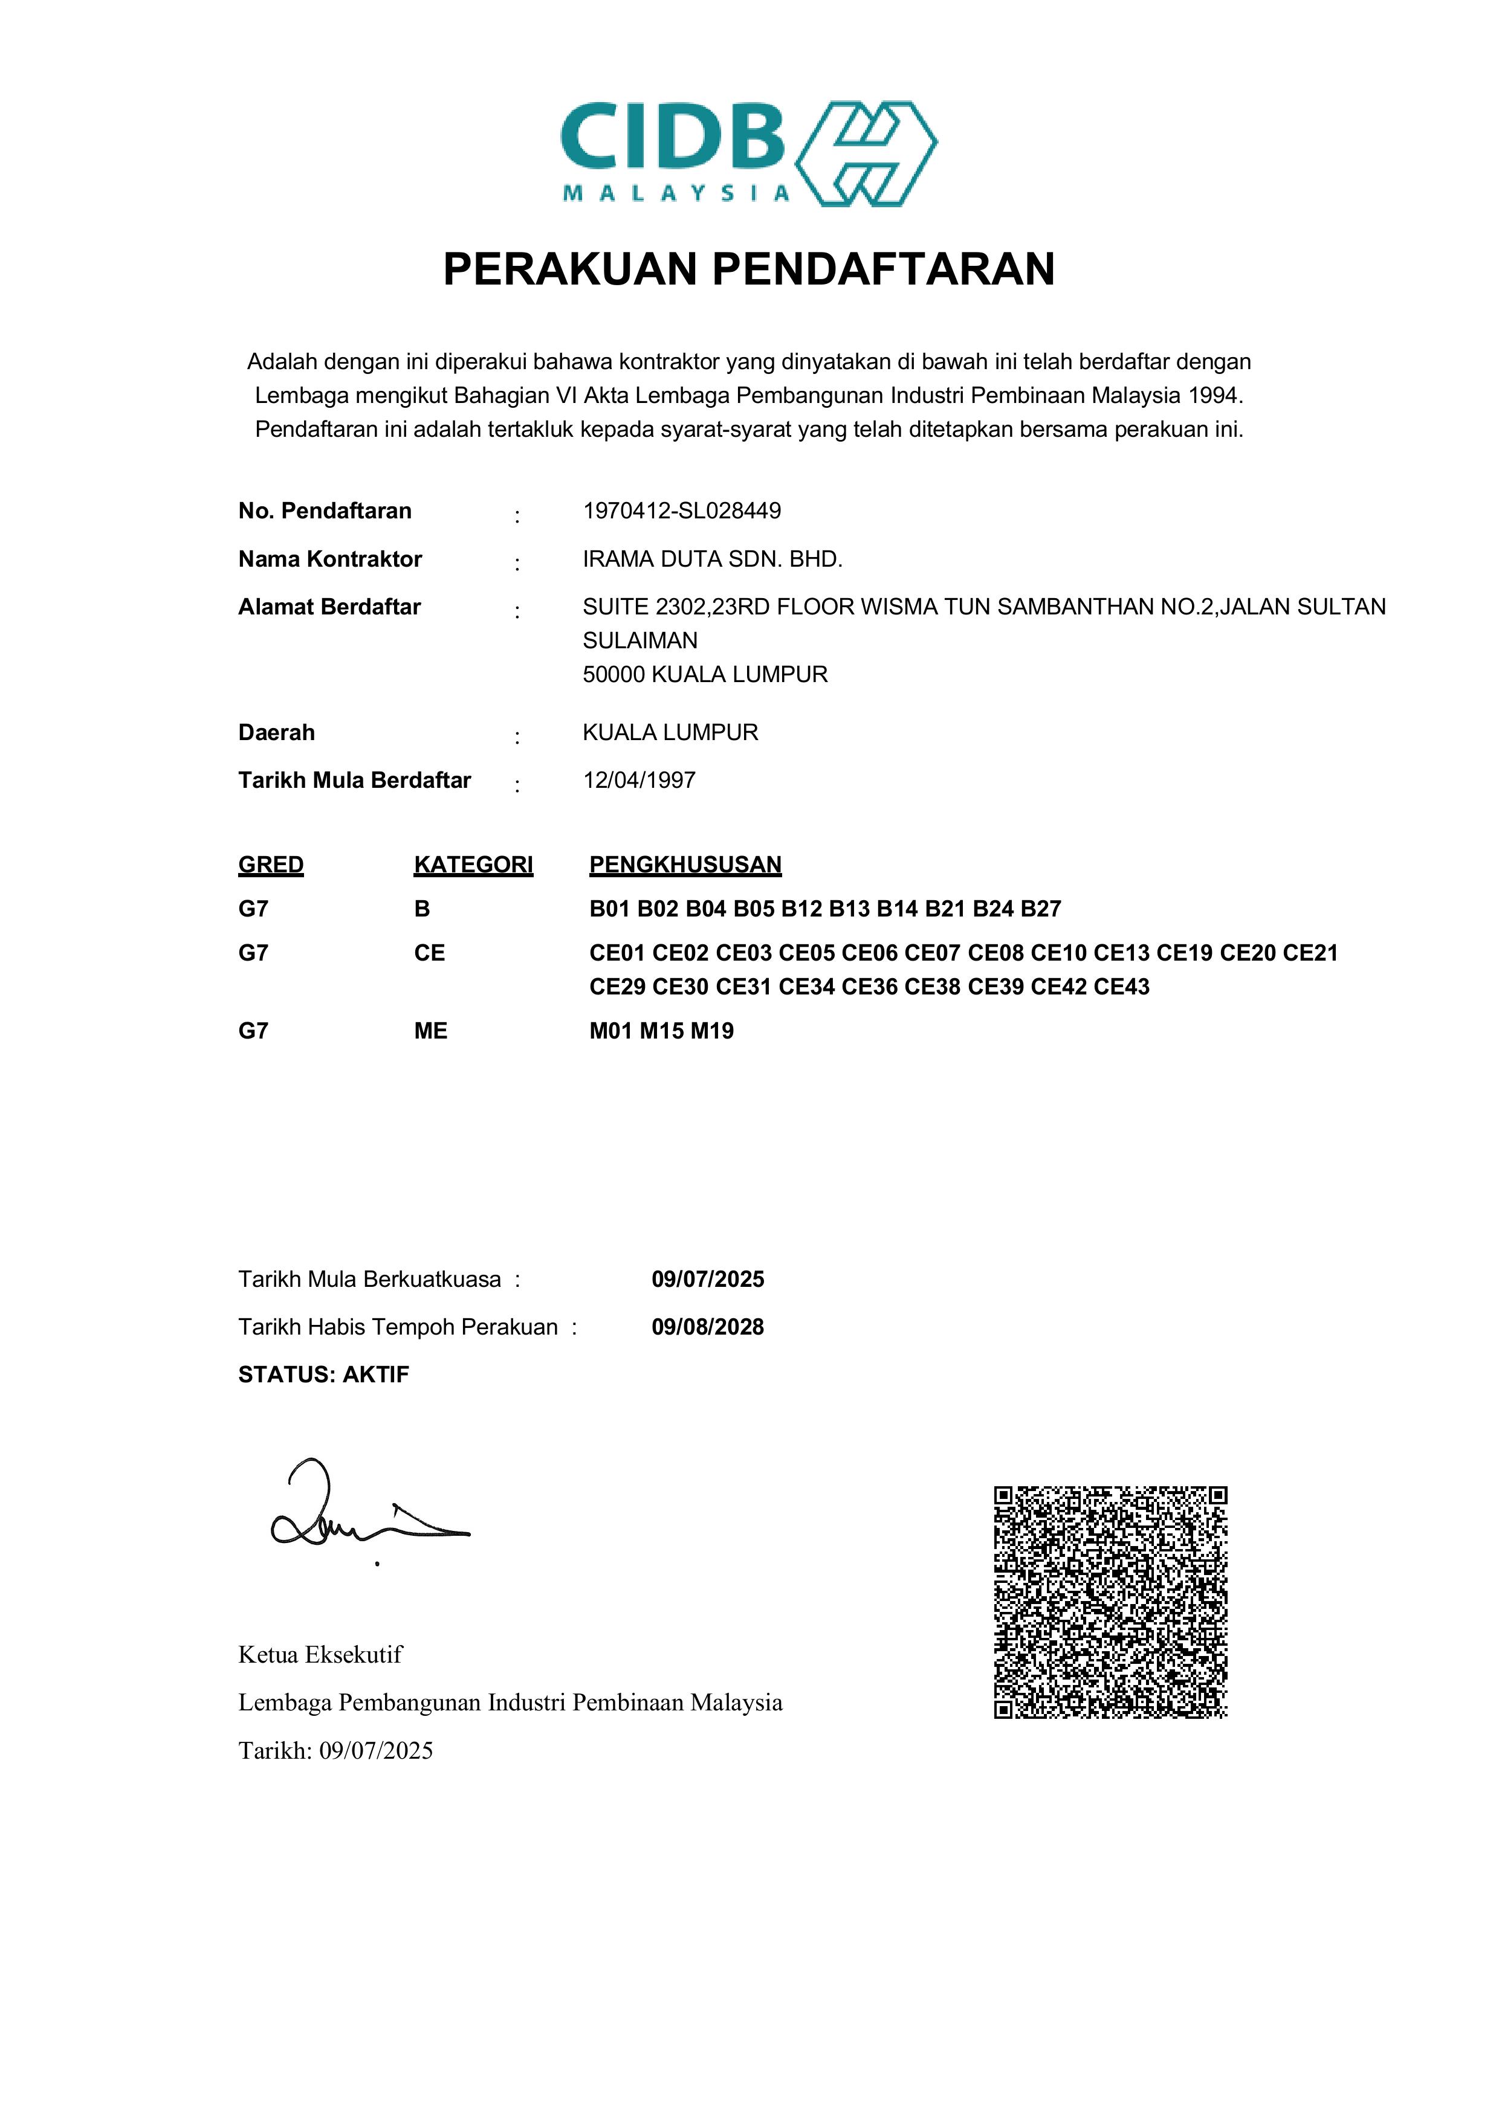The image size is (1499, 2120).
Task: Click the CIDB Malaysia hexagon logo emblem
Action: click(x=866, y=153)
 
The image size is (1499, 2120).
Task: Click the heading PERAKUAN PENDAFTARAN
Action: click(x=748, y=269)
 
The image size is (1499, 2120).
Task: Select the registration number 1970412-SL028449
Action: click(x=682, y=511)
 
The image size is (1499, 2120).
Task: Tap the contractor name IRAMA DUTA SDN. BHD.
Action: click(x=712, y=559)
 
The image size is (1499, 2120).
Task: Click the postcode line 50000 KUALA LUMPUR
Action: click(x=705, y=674)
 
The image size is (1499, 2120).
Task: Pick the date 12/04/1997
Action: click(x=639, y=780)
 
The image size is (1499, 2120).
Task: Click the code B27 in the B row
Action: click(x=1041, y=909)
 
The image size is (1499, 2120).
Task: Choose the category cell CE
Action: click(x=430, y=953)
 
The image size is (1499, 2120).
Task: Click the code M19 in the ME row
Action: click(x=712, y=1031)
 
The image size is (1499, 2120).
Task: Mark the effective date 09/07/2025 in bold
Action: click(x=707, y=1279)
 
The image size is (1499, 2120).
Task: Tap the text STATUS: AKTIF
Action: click(x=323, y=1375)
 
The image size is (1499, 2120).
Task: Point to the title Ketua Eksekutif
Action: click(x=320, y=1655)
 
